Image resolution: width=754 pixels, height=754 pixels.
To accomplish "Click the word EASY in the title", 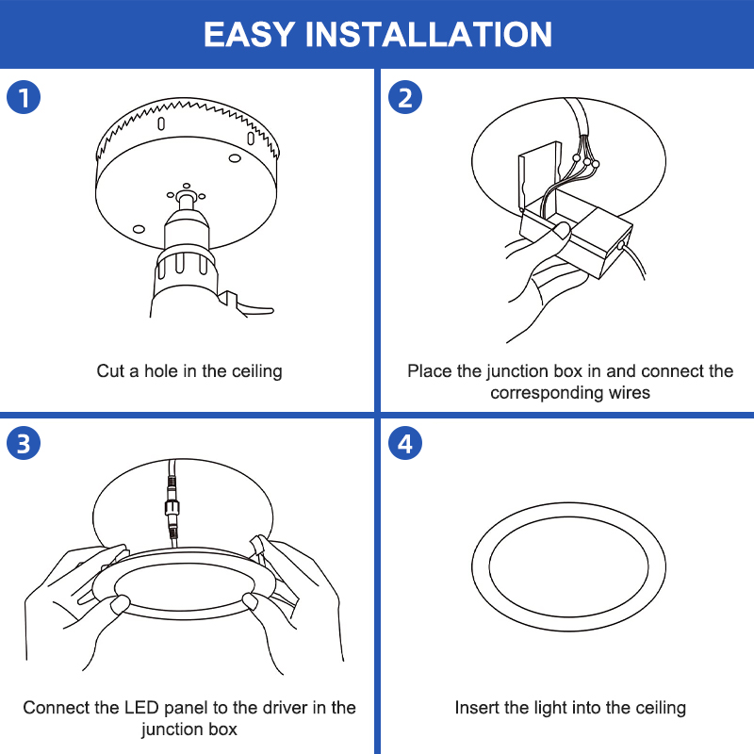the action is pyautogui.click(x=249, y=34).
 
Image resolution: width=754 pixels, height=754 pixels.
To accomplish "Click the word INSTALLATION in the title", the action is pyautogui.click(x=429, y=34).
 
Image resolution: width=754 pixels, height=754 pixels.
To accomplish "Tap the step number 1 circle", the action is pyautogui.click(x=24, y=97).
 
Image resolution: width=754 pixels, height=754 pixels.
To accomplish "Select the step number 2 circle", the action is pyautogui.click(x=405, y=97).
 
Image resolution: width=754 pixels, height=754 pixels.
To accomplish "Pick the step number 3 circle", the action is pyautogui.click(x=24, y=443).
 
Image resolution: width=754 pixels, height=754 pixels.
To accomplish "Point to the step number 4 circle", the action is pyautogui.click(x=405, y=443).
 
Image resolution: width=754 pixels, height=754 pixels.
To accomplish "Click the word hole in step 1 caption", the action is pyautogui.click(x=161, y=370).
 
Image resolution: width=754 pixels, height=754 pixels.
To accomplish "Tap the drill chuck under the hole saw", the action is pyautogui.click(x=187, y=226).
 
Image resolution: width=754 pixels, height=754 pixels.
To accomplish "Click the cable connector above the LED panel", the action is pyautogui.click(x=172, y=507).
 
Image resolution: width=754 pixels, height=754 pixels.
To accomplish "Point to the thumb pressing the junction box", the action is pyautogui.click(x=560, y=230).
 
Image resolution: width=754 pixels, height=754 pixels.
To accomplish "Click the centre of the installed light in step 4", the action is pyautogui.click(x=568, y=566).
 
